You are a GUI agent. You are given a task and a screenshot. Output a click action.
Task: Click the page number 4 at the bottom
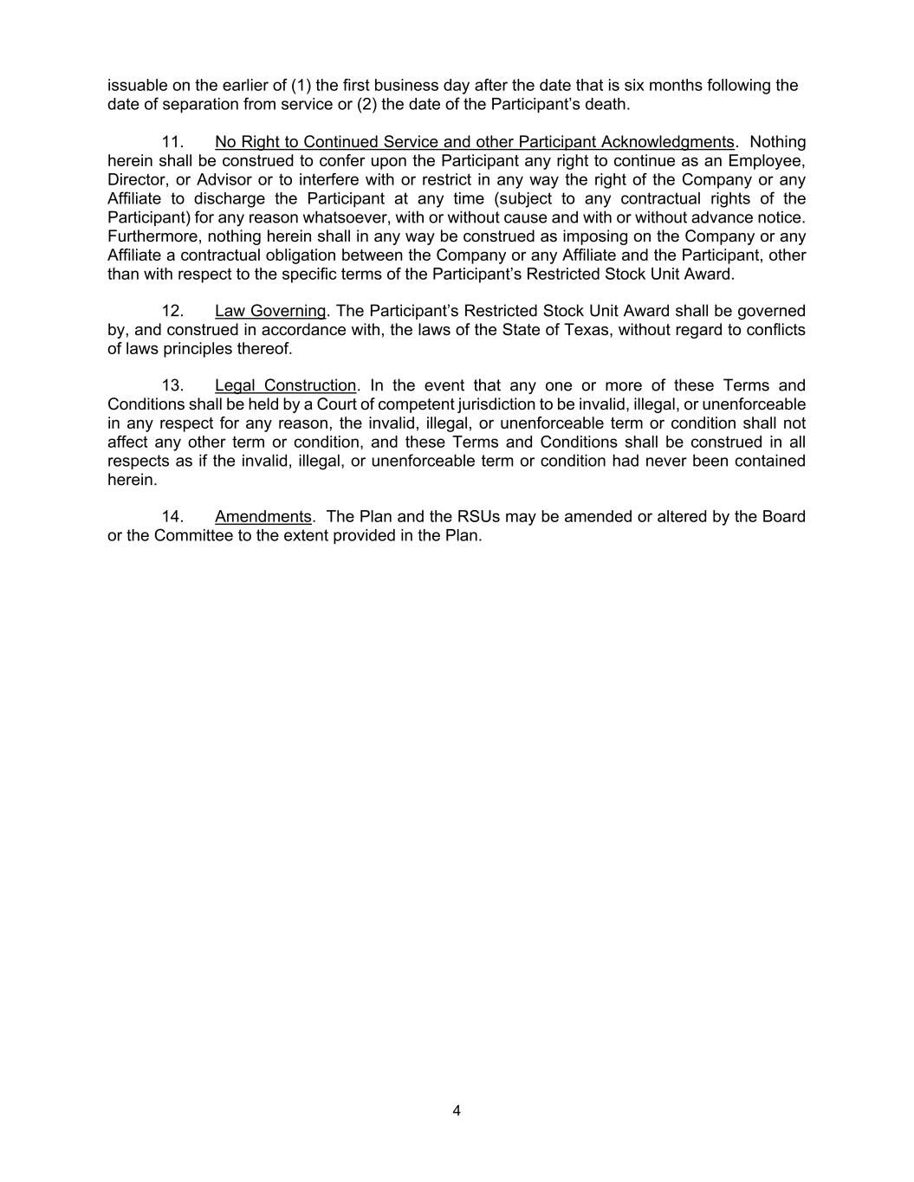pos(457,1111)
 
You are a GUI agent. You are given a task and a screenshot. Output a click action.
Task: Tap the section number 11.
pos(172,142)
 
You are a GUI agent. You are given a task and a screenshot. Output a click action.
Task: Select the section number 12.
pos(172,311)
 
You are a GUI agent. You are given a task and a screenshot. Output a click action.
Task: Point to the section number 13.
pos(172,385)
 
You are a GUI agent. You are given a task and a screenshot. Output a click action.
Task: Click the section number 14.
pos(172,517)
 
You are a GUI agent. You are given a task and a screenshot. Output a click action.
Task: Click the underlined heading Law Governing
pos(270,311)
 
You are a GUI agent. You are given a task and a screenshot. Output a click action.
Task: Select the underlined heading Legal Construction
pos(286,385)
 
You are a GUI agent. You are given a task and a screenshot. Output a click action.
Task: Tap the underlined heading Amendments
pos(263,517)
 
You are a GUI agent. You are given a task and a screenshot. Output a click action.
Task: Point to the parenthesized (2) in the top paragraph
pos(366,105)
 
